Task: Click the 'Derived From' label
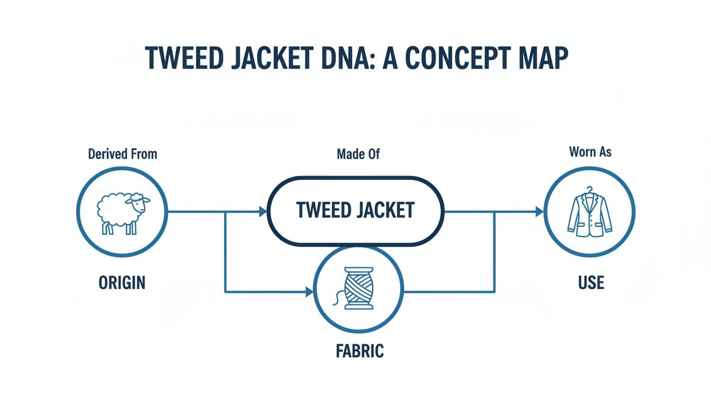click(x=122, y=154)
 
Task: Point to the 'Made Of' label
click(x=358, y=154)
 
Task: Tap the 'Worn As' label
click(x=590, y=152)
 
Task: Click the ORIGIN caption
click(x=122, y=282)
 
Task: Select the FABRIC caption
click(x=359, y=350)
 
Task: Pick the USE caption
click(x=591, y=282)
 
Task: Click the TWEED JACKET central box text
click(x=355, y=210)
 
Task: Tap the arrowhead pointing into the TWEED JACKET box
click(x=263, y=212)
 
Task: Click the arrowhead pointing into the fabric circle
click(x=309, y=291)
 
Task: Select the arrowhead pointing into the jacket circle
click(x=540, y=212)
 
